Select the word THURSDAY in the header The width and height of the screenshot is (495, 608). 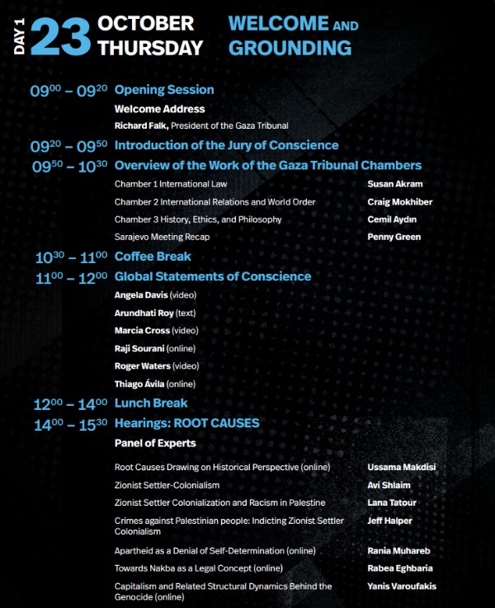pyautogui.click(x=150, y=48)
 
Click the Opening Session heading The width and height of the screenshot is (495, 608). pyautogui.click(x=164, y=90)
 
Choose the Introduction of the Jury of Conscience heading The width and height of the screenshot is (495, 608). pyautogui.click(x=226, y=146)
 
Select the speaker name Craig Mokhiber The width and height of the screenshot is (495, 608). pyautogui.click(x=400, y=202)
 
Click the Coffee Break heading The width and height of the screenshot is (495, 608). pyautogui.click(x=153, y=257)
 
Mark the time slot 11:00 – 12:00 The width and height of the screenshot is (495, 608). pyautogui.click(x=71, y=277)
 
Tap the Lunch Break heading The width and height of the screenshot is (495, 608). pyautogui.click(x=151, y=403)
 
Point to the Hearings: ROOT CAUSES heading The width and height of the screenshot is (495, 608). pyautogui.click(x=186, y=423)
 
